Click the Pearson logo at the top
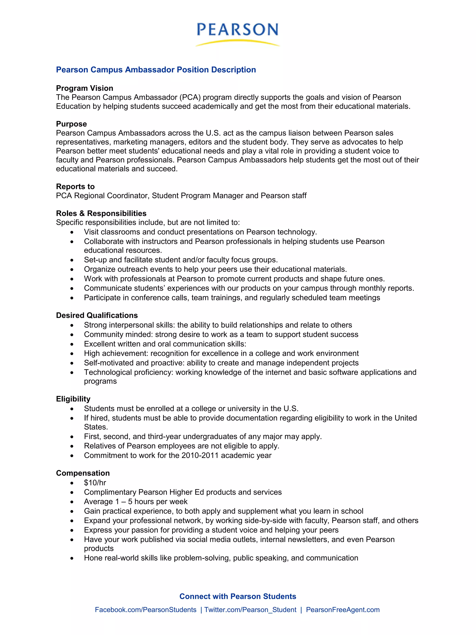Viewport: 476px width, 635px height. [x=238, y=29]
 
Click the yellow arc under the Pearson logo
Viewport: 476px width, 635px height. [x=237, y=43]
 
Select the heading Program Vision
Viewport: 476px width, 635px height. [x=84, y=88]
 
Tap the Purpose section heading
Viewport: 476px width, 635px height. [x=71, y=124]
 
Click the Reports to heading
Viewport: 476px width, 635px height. [x=75, y=187]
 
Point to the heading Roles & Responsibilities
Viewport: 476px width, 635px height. [x=101, y=213]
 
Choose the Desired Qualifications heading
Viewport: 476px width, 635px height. [x=97, y=315]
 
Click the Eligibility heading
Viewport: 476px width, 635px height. [x=73, y=399]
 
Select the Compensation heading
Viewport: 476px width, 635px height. [x=83, y=473]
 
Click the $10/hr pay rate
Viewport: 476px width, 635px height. [x=95, y=483]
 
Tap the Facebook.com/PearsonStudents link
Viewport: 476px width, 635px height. [x=146, y=609]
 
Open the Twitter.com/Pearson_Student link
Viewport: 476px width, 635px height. [x=250, y=609]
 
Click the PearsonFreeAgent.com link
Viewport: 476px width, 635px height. [x=343, y=609]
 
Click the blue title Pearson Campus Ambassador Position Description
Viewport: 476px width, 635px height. [x=156, y=70]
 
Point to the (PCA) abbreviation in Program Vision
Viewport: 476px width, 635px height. [x=190, y=97]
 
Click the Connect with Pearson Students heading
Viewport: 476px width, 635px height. [x=238, y=596]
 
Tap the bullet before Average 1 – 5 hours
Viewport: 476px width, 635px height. [x=72, y=502]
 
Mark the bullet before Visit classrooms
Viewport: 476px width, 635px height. [x=72, y=232]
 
